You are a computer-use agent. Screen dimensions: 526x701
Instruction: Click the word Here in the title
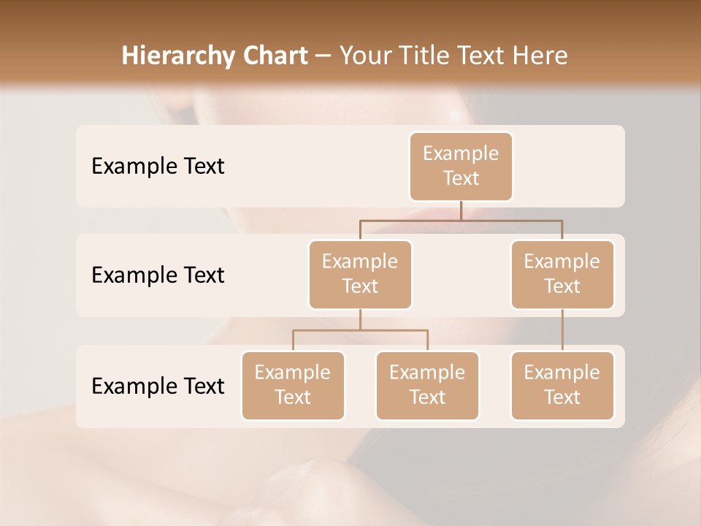click(540, 56)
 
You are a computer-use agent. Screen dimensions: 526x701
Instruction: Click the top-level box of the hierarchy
click(461, 167)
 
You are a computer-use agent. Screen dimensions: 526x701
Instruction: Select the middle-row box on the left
click(360, 275)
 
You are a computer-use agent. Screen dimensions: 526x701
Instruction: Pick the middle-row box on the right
click(562, 275)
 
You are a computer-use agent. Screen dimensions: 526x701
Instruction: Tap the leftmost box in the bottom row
click(293, 386)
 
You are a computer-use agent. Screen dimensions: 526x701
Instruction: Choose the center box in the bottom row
click(427, 386)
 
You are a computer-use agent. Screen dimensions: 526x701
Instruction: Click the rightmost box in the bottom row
click(562, 386)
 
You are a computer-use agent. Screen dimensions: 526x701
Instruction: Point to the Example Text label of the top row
click(158, 167)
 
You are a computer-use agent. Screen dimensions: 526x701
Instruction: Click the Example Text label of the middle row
click(158, 275)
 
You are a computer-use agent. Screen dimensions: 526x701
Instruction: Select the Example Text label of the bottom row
click(158, 386)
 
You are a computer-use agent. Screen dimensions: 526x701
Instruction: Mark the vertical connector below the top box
click(461, 210)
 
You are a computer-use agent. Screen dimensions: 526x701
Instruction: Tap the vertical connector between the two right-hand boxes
click(562, 330)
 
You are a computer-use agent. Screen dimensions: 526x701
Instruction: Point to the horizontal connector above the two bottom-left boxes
click(360, 330)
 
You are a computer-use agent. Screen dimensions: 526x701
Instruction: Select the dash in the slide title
click(323, 57)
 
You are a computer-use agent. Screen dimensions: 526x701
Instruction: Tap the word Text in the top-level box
click(461, 179)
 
